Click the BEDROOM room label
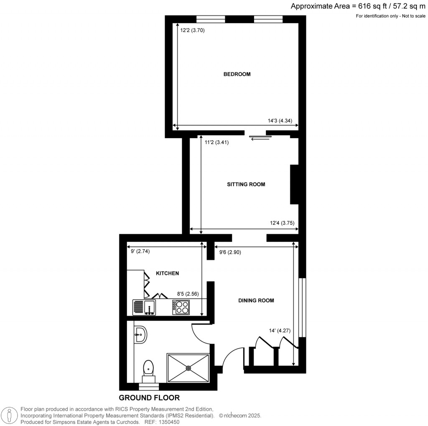coord(237,74)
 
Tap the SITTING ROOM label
coord(246,185)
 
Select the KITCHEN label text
coord(167,273)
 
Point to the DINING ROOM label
coord(256,300)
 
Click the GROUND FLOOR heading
coord(149,398)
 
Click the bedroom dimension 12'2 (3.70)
coord(192,30)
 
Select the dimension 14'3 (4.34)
coord(280,121)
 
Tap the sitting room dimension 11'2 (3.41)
coord(217,142)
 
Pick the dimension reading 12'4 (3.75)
coord(282,223)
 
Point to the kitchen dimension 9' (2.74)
coord(140,251)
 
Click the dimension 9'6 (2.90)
coord(230,252)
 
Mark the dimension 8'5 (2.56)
coord(188,294)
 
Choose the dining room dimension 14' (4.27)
coord(280,331)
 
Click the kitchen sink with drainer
coord(144,308)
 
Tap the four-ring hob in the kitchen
coord(181,308)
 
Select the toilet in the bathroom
coord(148,371)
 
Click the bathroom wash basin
coord(140,334)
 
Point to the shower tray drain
coord(189,368)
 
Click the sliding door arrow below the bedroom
coord(260,139)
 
